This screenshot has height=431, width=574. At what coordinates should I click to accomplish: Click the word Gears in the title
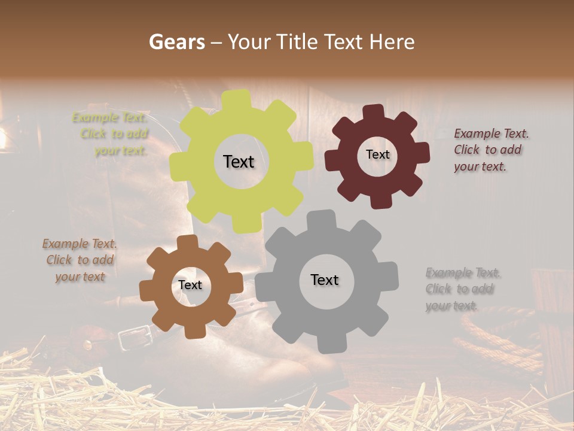176,42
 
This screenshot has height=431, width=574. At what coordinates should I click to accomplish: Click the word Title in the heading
297,42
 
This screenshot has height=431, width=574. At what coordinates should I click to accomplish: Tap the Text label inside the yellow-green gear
239,162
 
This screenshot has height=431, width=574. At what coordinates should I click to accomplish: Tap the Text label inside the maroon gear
377,154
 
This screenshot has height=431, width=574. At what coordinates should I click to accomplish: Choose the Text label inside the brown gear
190,285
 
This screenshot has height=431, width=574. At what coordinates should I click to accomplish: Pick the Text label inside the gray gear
325,280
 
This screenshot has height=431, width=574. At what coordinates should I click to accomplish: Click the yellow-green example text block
111,134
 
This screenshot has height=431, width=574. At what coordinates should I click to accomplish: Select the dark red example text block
490,150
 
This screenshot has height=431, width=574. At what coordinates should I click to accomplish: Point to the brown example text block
80,260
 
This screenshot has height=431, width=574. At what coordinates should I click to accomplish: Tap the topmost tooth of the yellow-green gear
240,98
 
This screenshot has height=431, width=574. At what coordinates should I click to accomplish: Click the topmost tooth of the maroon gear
374,111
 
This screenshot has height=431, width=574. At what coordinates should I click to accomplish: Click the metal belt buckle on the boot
128,339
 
